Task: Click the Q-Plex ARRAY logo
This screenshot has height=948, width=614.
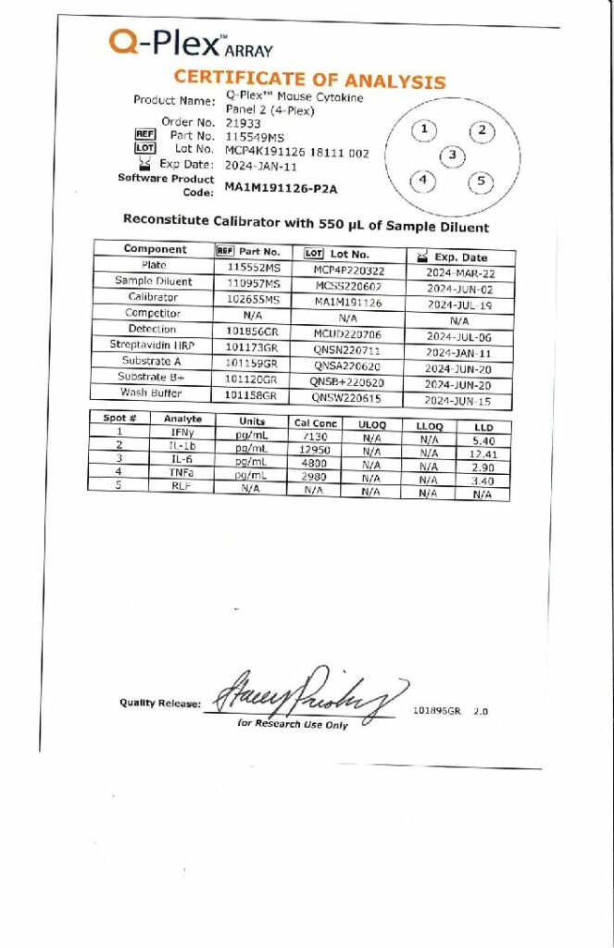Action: click(190, 44)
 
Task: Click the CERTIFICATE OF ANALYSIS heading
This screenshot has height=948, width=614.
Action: click(309, 80)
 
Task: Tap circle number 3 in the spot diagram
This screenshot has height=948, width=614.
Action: click(452, 156)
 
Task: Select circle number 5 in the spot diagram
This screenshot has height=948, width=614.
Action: click(481, 181)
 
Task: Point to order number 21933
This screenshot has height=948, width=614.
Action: click(243, 122)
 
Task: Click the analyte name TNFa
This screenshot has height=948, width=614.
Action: click(182, 471)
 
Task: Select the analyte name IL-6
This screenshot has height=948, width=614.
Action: click(182, 460)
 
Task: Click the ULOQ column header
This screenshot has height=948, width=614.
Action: click(371, 425)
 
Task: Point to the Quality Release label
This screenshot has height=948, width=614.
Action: click(159, 704)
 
